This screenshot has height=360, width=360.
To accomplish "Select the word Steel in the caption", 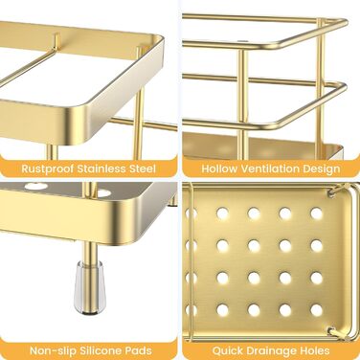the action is point(143,169).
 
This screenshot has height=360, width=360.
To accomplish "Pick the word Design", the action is point(322,169).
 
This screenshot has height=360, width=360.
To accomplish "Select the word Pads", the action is point(138,350).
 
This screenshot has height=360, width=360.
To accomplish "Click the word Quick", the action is point(226,350).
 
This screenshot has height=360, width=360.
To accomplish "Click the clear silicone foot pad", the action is point(90,286).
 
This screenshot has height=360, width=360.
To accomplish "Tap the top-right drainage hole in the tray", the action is point(317,214).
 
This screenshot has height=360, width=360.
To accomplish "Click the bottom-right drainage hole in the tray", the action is point(317,310).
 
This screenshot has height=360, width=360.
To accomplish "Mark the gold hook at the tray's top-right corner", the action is point(337,191).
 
